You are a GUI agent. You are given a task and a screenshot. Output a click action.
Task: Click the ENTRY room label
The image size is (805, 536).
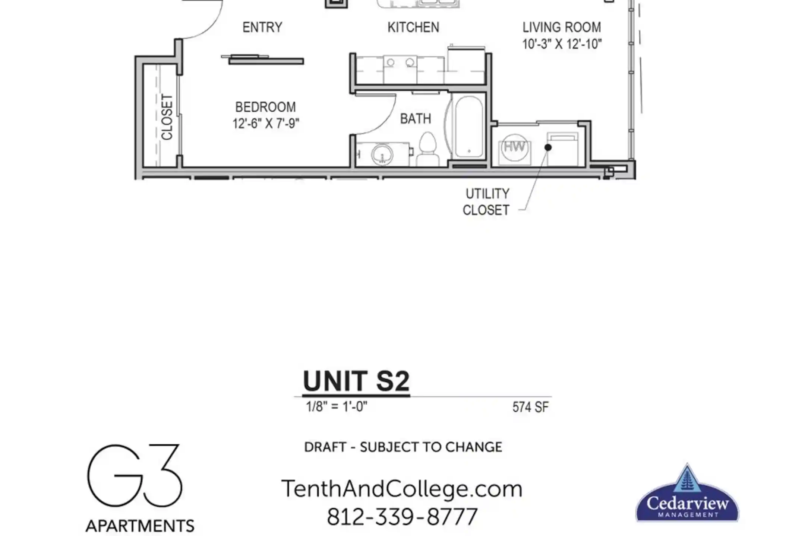[x=262, y=28]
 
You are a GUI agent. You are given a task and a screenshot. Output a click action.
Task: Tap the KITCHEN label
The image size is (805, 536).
[x=413, y=28]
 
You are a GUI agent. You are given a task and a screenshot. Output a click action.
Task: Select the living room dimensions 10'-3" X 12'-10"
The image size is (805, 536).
[x=562, y=44]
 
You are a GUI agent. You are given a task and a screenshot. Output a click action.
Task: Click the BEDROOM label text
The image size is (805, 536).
[x=265, y=107]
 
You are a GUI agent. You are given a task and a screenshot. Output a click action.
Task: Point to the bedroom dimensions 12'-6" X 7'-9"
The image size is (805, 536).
[x=266, y=124]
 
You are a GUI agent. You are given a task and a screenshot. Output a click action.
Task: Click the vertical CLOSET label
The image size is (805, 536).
[x=167, y=117]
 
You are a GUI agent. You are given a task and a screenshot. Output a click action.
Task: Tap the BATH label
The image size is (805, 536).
[x=416, y=119]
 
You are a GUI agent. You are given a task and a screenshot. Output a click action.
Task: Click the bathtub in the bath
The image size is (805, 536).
[x=469, y=127]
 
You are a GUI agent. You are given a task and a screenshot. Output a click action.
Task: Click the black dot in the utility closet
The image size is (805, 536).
[x=548, y=147]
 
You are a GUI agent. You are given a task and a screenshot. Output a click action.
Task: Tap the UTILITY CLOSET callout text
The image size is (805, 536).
[x=486, y=202]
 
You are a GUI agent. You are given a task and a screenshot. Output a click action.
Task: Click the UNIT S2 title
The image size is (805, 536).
[x=356, y=381]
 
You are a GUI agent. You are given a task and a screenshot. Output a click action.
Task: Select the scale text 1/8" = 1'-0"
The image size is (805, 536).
[x=337, y=406]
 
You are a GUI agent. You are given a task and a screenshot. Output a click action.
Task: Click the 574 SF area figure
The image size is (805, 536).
[x=530, y=407]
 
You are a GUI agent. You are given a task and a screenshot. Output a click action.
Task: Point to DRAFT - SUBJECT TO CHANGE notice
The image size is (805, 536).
[x=403, y=447]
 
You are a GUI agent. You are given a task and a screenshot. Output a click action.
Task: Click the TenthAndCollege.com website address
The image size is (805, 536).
[x=402, y=489]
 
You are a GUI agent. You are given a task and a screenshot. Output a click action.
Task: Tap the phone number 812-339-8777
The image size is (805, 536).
[x=402, y=517]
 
